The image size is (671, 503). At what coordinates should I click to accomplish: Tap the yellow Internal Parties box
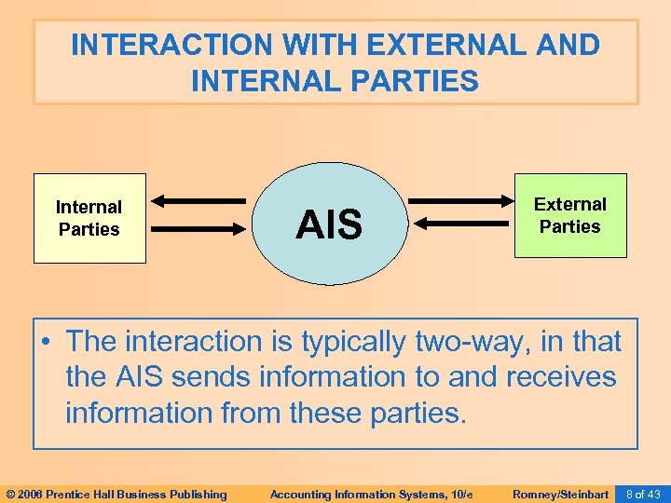tap(89, 218)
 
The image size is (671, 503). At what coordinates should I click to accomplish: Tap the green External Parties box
tap(570, 215)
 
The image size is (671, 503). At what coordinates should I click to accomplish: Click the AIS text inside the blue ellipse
tap(329, 224)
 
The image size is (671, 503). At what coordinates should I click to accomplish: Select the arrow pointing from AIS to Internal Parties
tap(199, 198)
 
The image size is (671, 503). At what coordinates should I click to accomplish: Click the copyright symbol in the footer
tap(10, 494)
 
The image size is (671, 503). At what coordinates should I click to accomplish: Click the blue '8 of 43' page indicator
tap(643, 494)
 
